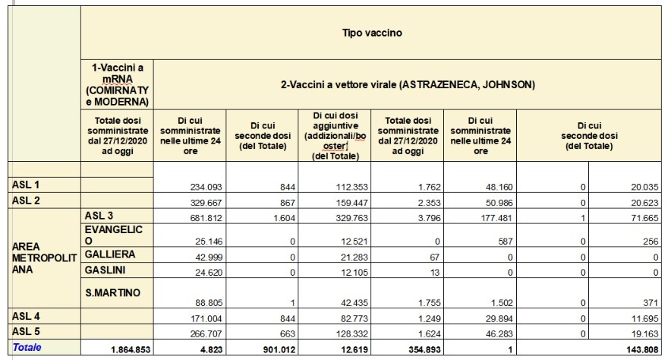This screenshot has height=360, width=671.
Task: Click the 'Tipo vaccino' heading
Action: click(x=371, y=33)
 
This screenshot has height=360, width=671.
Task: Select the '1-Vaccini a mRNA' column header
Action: click(x=117, y=84)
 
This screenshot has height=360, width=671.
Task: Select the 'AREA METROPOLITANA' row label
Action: click(x=43, y=258)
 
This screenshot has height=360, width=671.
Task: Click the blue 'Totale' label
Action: click(x=27, y=347)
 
